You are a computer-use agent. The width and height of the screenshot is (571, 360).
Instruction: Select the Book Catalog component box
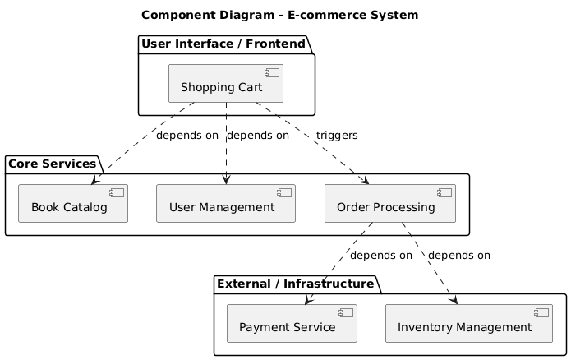73,203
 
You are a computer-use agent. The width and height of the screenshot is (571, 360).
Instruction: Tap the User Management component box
225,203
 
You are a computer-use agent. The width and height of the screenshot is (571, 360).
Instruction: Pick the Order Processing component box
390,203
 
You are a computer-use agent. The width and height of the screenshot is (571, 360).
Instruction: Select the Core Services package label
53,163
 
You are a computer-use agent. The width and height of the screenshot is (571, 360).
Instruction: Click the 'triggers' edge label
337,135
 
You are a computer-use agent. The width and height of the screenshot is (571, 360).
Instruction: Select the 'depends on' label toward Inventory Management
459,255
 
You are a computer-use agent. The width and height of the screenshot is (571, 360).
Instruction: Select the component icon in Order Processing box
445,192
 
